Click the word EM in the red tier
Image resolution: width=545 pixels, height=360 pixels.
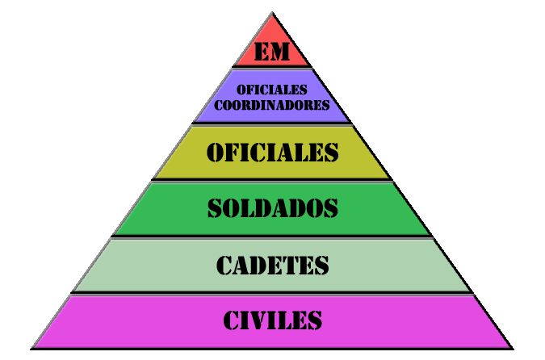[x=272, y=52]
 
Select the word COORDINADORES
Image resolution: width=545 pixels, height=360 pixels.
[x=272, y=105]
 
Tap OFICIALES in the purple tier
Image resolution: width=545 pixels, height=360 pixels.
[x=272, y=90]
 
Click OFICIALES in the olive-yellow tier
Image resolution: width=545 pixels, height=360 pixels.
[x=272, y=153]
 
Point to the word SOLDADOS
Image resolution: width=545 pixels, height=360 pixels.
[x=272, y=208]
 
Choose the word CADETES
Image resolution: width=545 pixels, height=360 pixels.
[x=272, y=265]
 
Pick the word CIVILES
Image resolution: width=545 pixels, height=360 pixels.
[x=272, y=320]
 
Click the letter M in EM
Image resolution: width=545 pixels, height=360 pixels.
[x=279, y=52]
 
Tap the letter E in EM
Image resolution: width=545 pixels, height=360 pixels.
[x=262, y=52]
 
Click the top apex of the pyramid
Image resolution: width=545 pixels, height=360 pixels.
[x=272, y=14]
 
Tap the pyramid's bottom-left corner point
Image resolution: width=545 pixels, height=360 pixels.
[x=32, y=348]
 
